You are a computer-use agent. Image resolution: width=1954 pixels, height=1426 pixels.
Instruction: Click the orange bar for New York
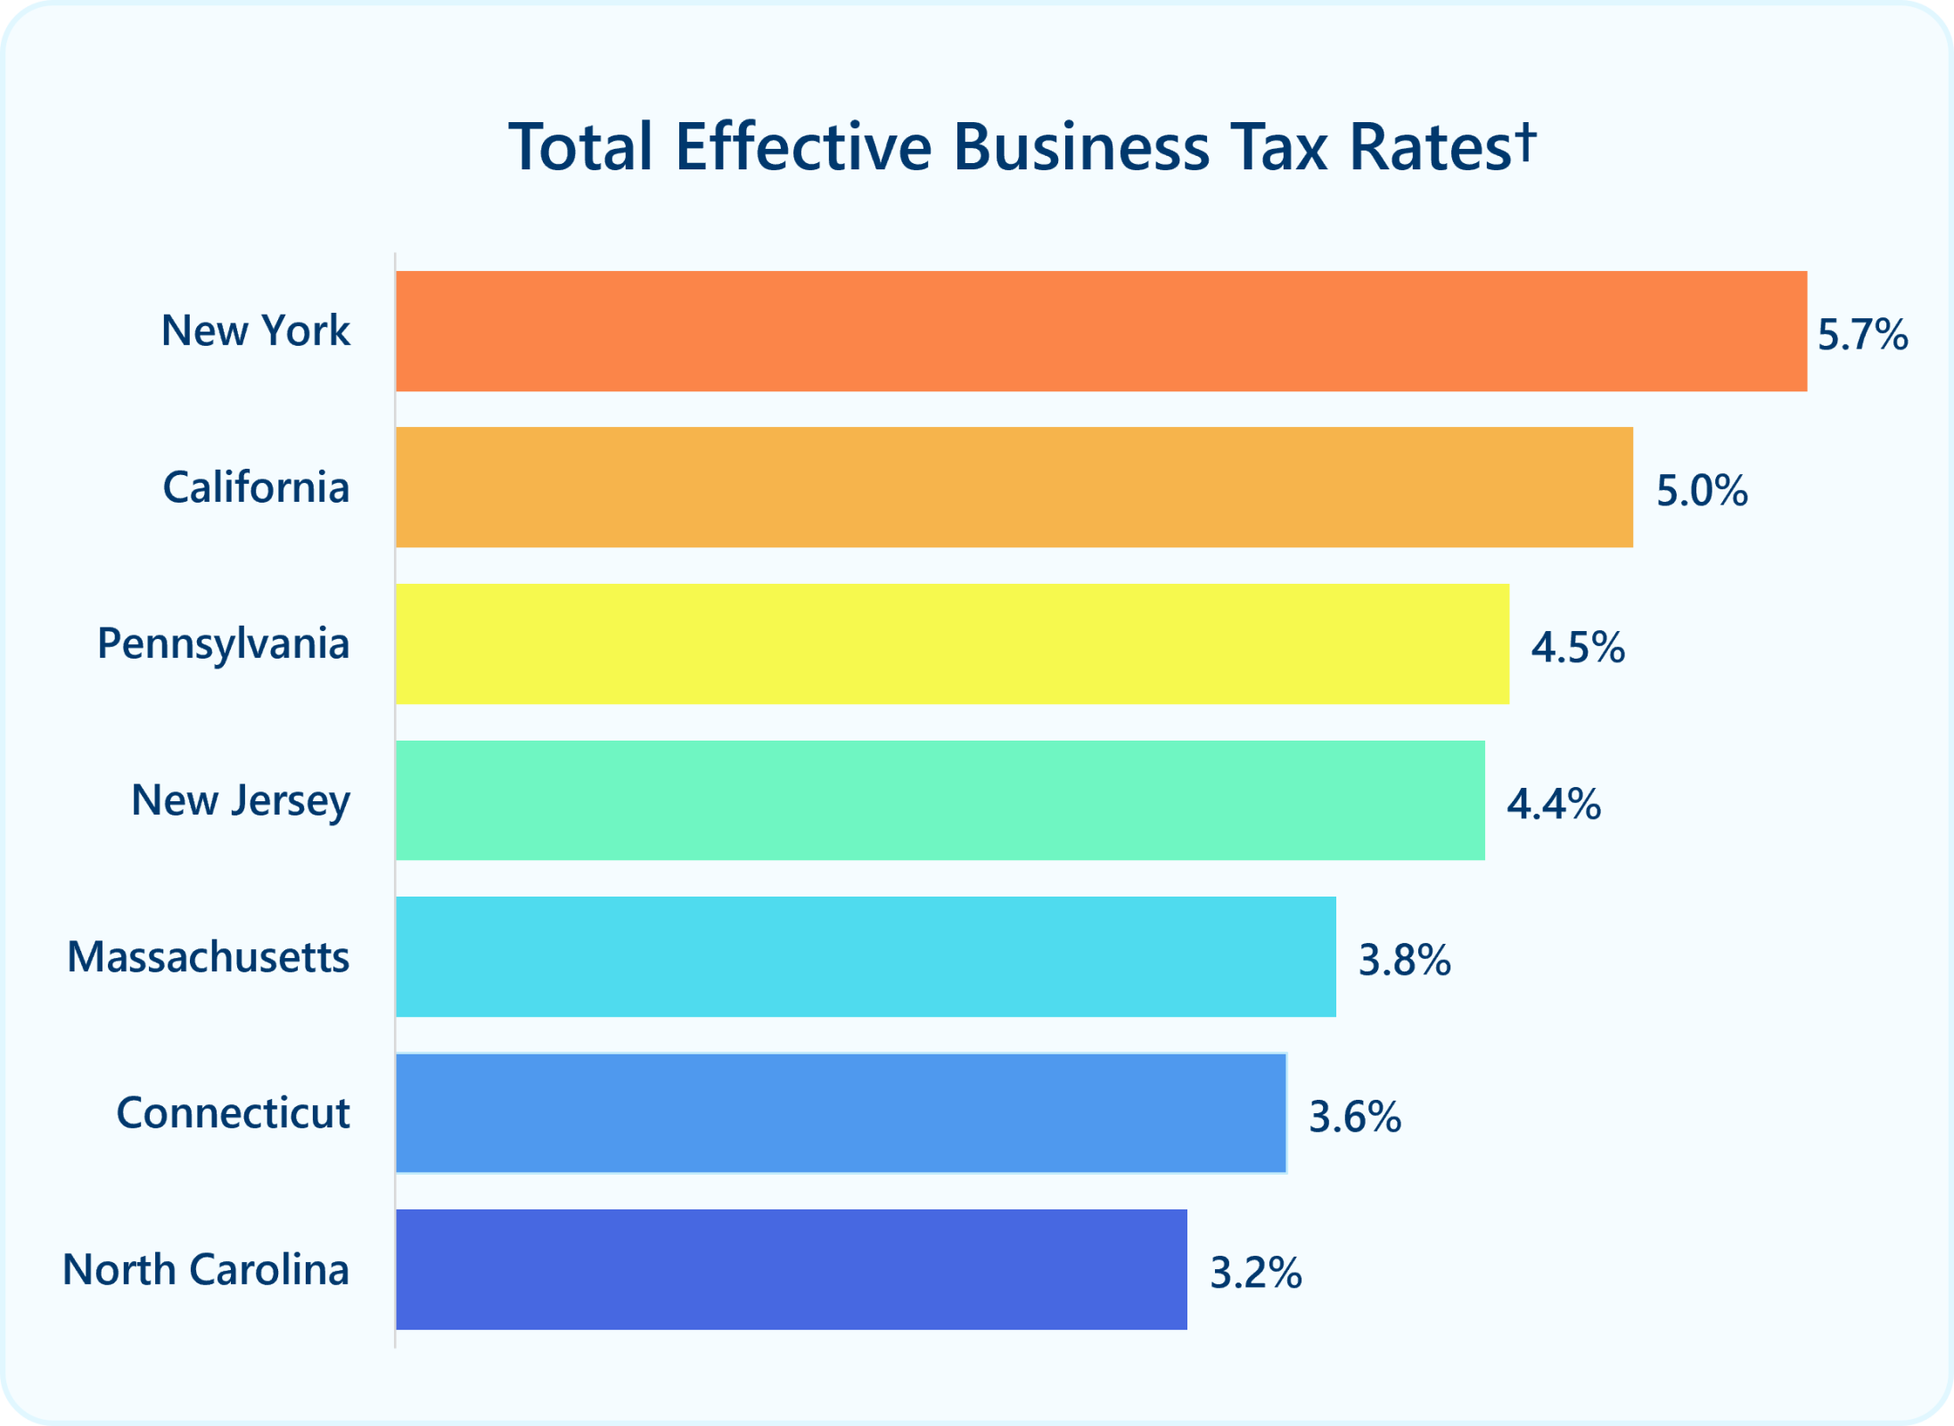1101,331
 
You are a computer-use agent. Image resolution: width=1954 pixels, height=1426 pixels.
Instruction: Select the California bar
1014,487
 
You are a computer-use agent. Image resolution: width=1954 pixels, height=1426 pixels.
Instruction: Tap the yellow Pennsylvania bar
952,643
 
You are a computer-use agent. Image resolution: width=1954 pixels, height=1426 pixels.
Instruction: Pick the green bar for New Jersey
940,799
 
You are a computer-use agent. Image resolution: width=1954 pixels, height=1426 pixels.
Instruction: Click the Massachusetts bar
866,956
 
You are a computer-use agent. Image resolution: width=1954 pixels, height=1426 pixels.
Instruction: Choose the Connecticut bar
841,1112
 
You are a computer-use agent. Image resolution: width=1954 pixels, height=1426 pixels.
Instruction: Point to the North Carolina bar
791,1269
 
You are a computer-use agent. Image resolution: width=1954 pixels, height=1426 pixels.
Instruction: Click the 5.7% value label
1862,335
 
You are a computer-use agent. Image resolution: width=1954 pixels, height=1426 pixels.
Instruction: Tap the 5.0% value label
1702,491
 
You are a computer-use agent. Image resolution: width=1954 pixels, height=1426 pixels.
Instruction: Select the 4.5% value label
1578,648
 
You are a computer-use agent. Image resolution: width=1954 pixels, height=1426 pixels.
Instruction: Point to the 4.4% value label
1554,804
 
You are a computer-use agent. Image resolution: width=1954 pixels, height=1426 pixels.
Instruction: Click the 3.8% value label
1404,961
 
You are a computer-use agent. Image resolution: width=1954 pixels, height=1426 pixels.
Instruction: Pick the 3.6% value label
1355,1117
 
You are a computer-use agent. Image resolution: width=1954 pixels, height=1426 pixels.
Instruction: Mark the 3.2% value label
1256,1273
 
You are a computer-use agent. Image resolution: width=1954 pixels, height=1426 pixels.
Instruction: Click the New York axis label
255,331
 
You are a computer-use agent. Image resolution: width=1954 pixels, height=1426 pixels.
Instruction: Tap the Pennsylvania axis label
223,643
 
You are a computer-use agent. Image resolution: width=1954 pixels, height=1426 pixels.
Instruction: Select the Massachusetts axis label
208,957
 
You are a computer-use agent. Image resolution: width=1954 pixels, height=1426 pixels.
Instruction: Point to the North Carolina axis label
205,1269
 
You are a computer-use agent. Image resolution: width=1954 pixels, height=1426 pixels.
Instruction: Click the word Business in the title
1081,147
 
